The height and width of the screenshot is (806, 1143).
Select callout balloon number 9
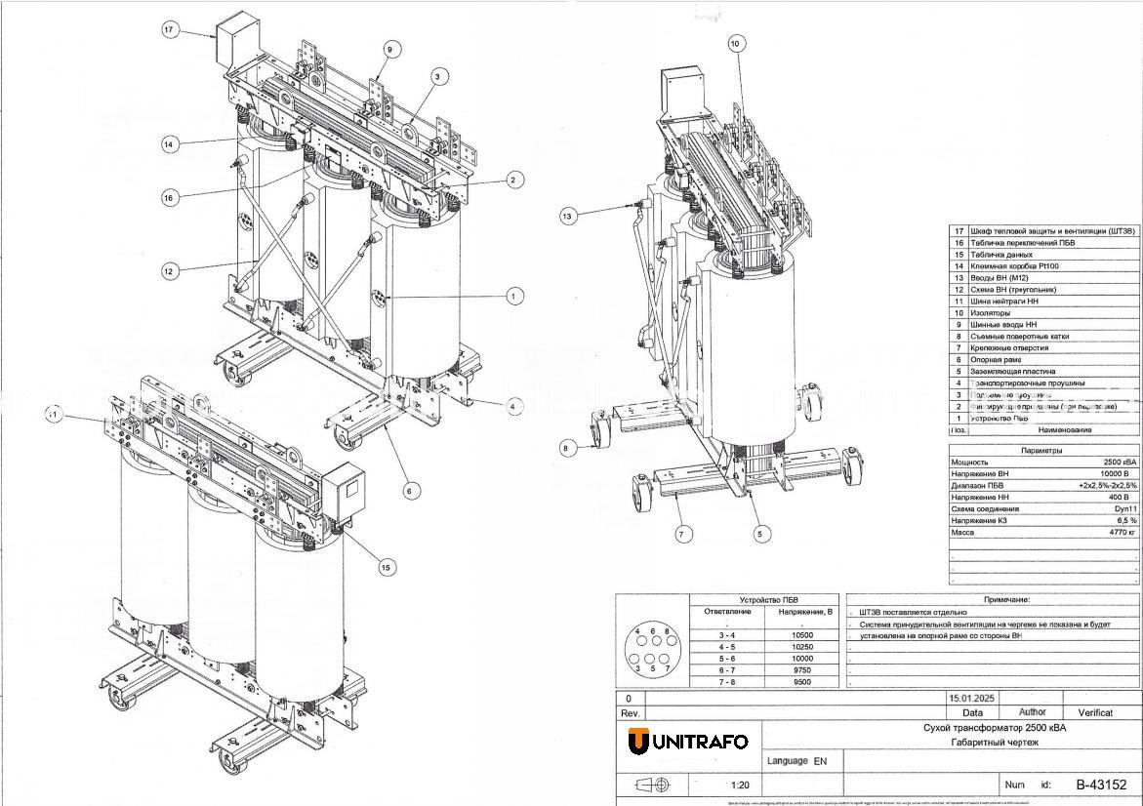click(388, 49)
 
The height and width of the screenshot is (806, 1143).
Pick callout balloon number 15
click(387, 567)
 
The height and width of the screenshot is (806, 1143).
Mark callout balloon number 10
click(736, 43)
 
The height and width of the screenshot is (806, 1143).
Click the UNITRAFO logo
click(688, 742)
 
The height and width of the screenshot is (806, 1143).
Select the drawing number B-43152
click(1101, 785)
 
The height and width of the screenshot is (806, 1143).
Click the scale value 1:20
click(740, 785)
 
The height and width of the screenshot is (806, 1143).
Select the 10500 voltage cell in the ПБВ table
click(802, 635)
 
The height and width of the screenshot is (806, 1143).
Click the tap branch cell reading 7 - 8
click(727, 682)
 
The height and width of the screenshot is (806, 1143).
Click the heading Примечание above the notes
click(993, 600)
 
